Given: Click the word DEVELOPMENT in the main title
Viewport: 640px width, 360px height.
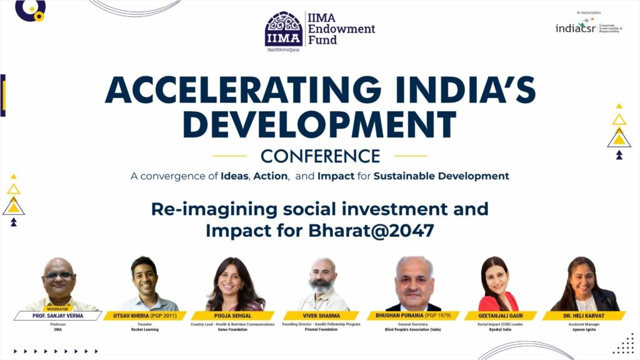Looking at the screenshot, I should point(319,125).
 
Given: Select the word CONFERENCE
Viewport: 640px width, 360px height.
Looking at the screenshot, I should point(320,156).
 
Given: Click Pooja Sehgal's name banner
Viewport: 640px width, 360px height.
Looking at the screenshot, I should point(232,316).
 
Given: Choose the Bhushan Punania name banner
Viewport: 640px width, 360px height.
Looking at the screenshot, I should point(412,316).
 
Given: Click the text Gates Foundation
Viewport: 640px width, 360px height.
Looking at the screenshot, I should point(232,329).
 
